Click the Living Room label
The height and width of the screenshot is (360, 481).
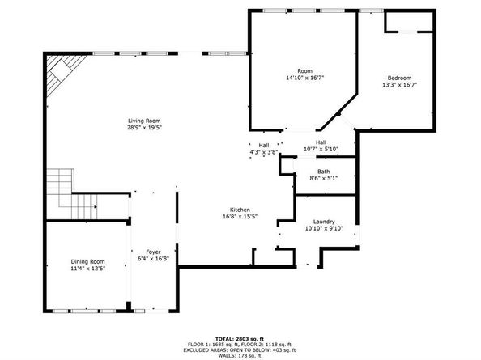pos(144,121)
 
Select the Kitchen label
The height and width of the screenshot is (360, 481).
pos(240,210)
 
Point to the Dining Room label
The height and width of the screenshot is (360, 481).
pos(87,261)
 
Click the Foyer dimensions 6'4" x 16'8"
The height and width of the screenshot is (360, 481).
pos(153,259)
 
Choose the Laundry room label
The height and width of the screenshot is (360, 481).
pos(324,222)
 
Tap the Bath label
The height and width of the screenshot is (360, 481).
pos(324,172)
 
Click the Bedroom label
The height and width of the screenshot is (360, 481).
pos(399,78)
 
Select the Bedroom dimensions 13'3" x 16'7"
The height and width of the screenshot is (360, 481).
pos(399,85)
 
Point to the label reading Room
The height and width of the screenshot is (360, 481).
pos(305,71)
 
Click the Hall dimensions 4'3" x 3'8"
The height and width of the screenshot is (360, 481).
pos(264,152)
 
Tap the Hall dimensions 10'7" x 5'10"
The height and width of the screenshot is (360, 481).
pos(321,149)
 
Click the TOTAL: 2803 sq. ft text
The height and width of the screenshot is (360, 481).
pos(239,339)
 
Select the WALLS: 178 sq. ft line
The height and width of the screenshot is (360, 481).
pos(239,356)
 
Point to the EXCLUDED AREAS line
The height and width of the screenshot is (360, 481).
pos(239,350)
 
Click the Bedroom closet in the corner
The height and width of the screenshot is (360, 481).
pos(409,22)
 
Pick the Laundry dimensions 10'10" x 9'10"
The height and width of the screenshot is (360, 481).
pos(324,229)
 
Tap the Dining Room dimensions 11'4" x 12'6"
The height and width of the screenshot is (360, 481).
pos(87,269)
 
